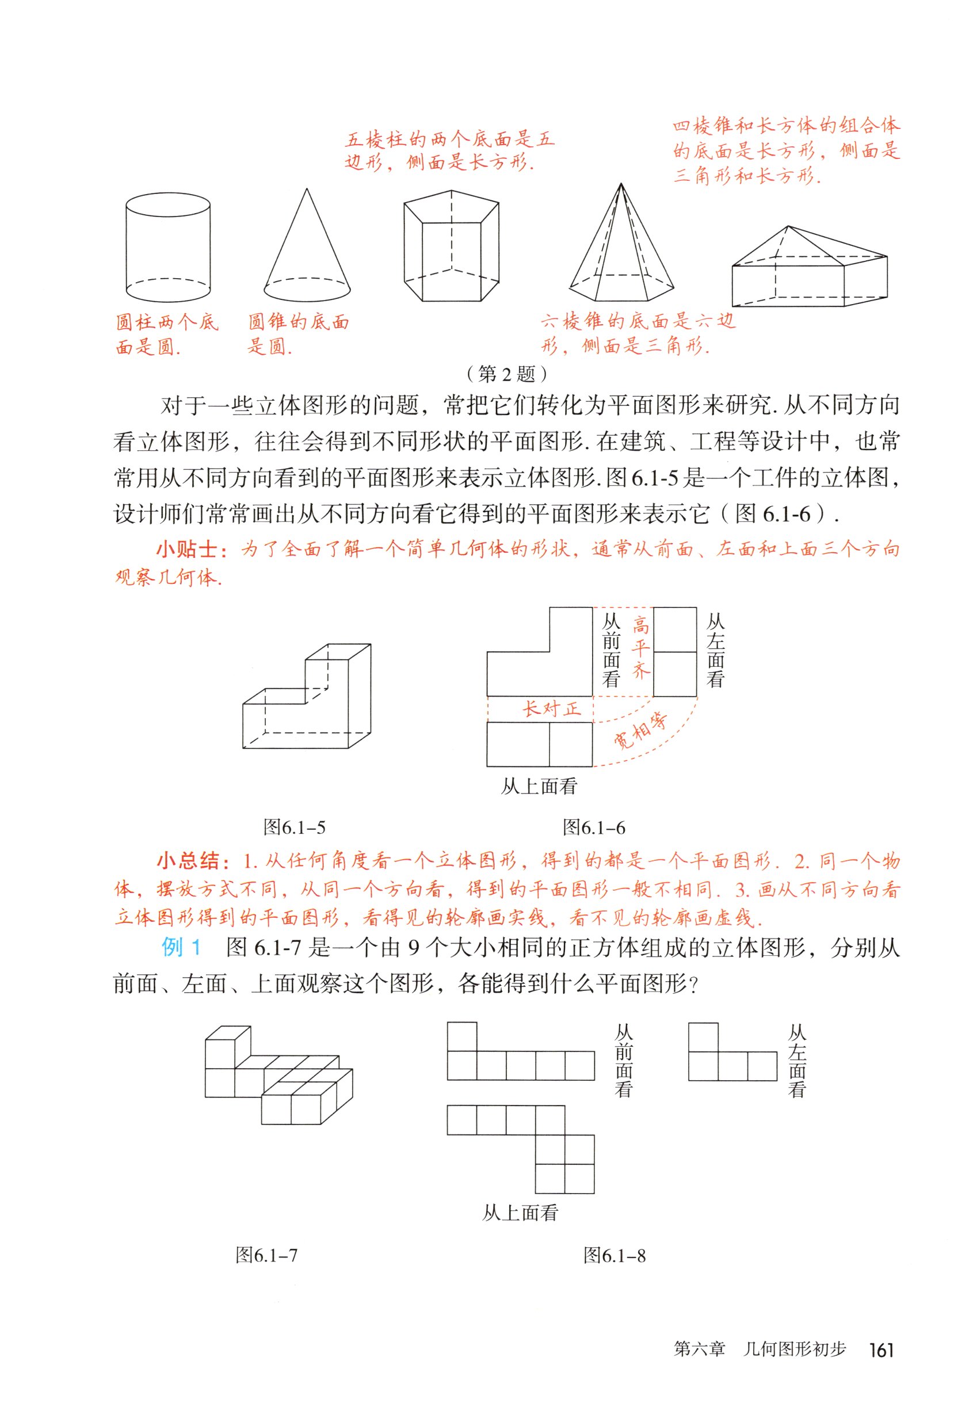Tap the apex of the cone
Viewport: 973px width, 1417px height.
[307, 189]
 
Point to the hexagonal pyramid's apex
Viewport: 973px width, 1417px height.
[621, 184]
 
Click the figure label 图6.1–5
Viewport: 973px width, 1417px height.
[295, 828]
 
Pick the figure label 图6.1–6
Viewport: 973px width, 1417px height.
[594, 828]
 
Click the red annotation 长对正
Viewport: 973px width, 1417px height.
[552, 709]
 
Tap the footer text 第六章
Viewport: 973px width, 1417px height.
[699, 1348]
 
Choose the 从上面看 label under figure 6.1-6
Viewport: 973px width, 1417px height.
[539, 787]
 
